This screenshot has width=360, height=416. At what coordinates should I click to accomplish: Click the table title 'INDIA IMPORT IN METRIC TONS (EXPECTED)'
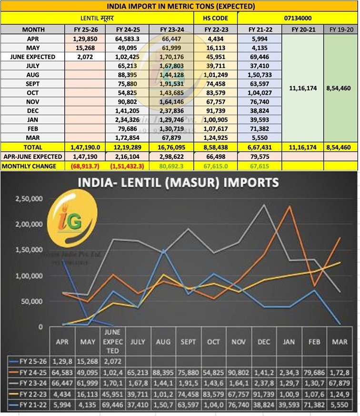coord(180,6)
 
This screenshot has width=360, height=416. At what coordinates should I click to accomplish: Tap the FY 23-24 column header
coord(170,30)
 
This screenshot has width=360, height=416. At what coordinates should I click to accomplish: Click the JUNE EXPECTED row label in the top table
coord(33,57)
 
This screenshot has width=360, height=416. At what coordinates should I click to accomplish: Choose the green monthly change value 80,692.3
coord(170,166)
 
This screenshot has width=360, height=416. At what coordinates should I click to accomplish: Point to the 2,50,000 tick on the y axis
coord(29,198)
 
